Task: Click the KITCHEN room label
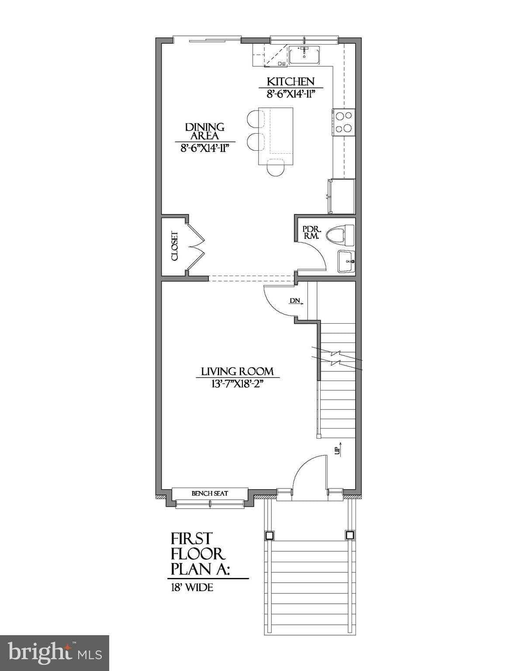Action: point(290,82)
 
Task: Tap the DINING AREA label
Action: point(205,131)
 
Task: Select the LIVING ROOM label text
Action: point(238,371)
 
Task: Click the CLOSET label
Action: point(175,246)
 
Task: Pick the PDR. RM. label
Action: point(312,233)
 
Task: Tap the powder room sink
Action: point(346,261)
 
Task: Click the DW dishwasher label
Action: point(282,64)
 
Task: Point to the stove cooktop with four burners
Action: point(344,122)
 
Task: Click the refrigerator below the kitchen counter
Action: point(342,196)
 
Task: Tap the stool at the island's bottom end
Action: point(276,168)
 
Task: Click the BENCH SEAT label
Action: point(210,494)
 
